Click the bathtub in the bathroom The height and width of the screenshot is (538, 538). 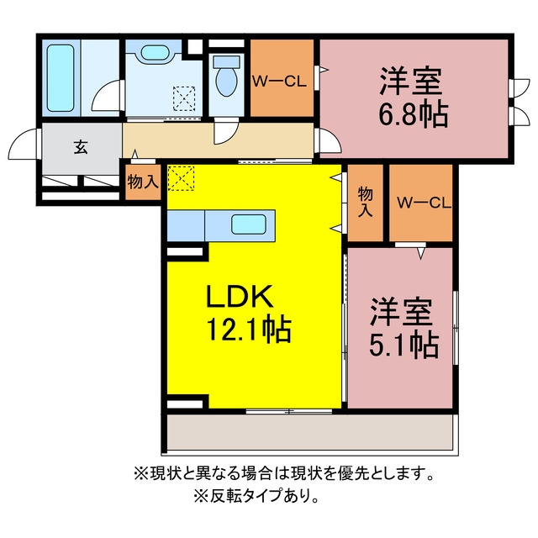[x=61, y=78]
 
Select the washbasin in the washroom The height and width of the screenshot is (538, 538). [x=155, y=53]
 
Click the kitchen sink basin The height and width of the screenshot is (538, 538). [x=249, y=224]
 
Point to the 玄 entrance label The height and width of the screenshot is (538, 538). [x=81, y=148]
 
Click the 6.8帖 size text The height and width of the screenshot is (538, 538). [x=413, y=114]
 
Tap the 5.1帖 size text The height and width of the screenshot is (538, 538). [x=403, y=345]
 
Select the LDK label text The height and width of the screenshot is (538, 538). [x=240, y=297]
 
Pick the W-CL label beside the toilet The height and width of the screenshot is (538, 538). [x=279, y=82]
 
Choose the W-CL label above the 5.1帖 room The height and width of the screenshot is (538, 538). [x=424, y=203]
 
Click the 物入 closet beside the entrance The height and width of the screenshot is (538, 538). [x=143, y=182]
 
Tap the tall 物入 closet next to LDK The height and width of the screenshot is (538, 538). [x=366, y=203]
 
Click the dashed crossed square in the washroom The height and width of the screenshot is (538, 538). [x=184, y=99]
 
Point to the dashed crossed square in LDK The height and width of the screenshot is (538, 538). [x=181, y=178]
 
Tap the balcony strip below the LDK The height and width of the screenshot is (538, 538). [x=309, y=431]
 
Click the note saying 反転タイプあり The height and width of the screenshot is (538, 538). [x=256, y=496]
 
